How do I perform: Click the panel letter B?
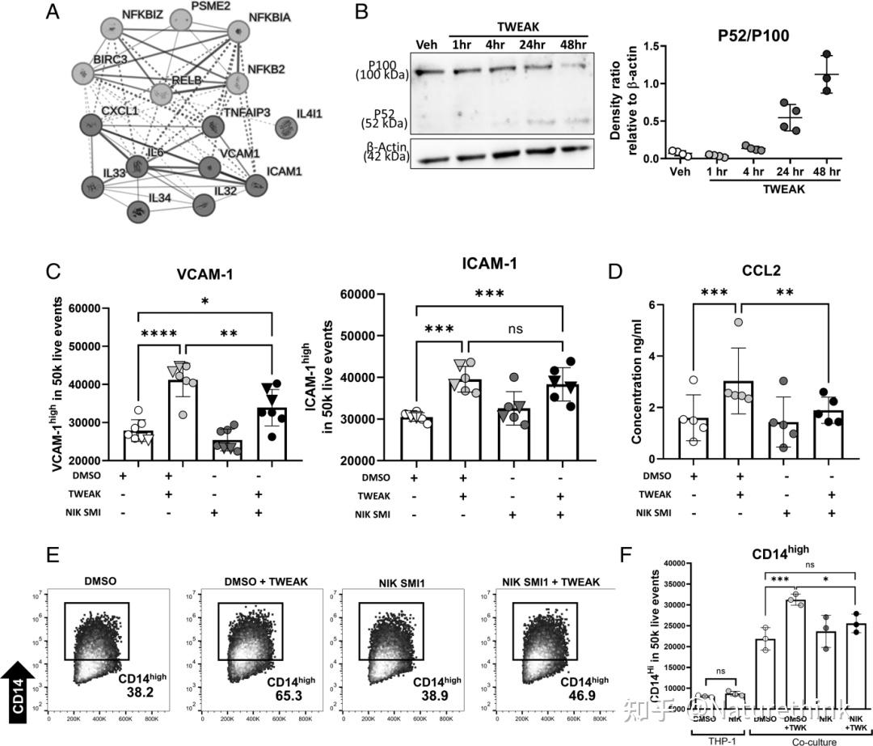click(x=362, y=13)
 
